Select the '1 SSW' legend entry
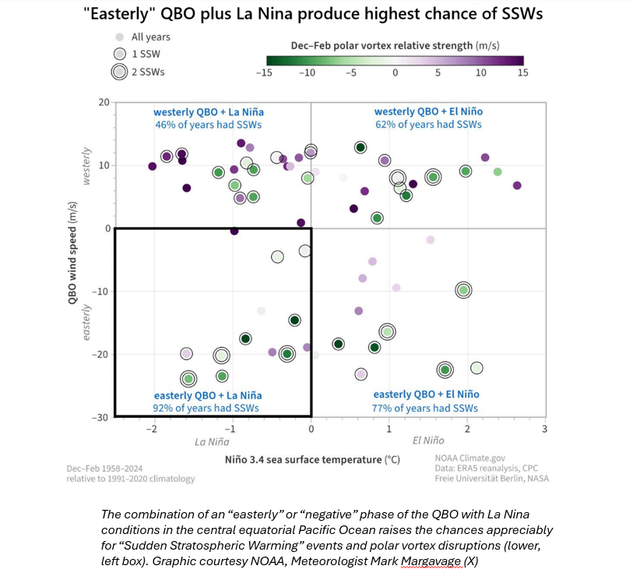click(146, 55)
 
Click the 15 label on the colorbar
click(523, 73)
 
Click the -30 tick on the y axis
click(100, 417)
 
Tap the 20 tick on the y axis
click(104, 102)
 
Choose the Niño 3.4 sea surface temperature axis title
click(312, 460)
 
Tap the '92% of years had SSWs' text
click(206, 408)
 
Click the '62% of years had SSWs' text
click(427, 124)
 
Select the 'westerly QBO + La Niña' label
click(206, 111)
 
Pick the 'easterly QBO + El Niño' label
click(427, 394)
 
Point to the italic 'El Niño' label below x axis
click(427, 441)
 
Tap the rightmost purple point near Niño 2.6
click(517, 186)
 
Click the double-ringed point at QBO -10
click(464, 290)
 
